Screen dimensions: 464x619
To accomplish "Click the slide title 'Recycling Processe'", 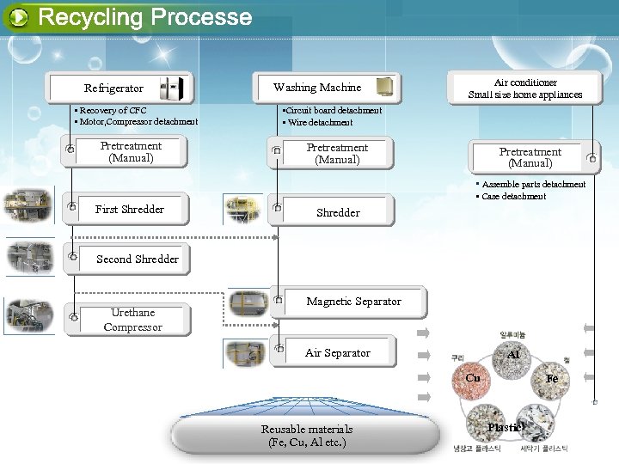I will click(144, 17).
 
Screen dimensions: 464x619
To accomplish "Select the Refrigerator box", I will click(120, 88).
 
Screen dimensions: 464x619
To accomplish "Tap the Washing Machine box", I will click(327, 87).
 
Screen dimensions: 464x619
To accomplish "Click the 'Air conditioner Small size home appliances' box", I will click(524, 88).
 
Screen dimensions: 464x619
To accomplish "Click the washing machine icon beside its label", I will click(384, 87).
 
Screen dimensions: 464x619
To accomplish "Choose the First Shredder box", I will click(129, 209).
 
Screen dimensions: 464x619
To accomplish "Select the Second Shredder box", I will click(138, 259).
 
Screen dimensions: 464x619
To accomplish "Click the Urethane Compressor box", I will click(132, 320).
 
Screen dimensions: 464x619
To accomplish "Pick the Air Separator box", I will click(336, 352).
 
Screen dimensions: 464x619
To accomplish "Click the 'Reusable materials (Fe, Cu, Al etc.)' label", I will click(307, 436).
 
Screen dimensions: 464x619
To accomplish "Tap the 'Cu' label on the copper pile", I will click(473, 377).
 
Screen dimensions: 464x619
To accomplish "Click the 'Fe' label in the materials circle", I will click(551, 378).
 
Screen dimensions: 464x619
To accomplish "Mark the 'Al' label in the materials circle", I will click(513, 354).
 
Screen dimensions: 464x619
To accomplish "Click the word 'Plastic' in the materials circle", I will click(506, 428).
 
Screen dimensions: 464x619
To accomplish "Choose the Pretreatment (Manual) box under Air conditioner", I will click(531, 157).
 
